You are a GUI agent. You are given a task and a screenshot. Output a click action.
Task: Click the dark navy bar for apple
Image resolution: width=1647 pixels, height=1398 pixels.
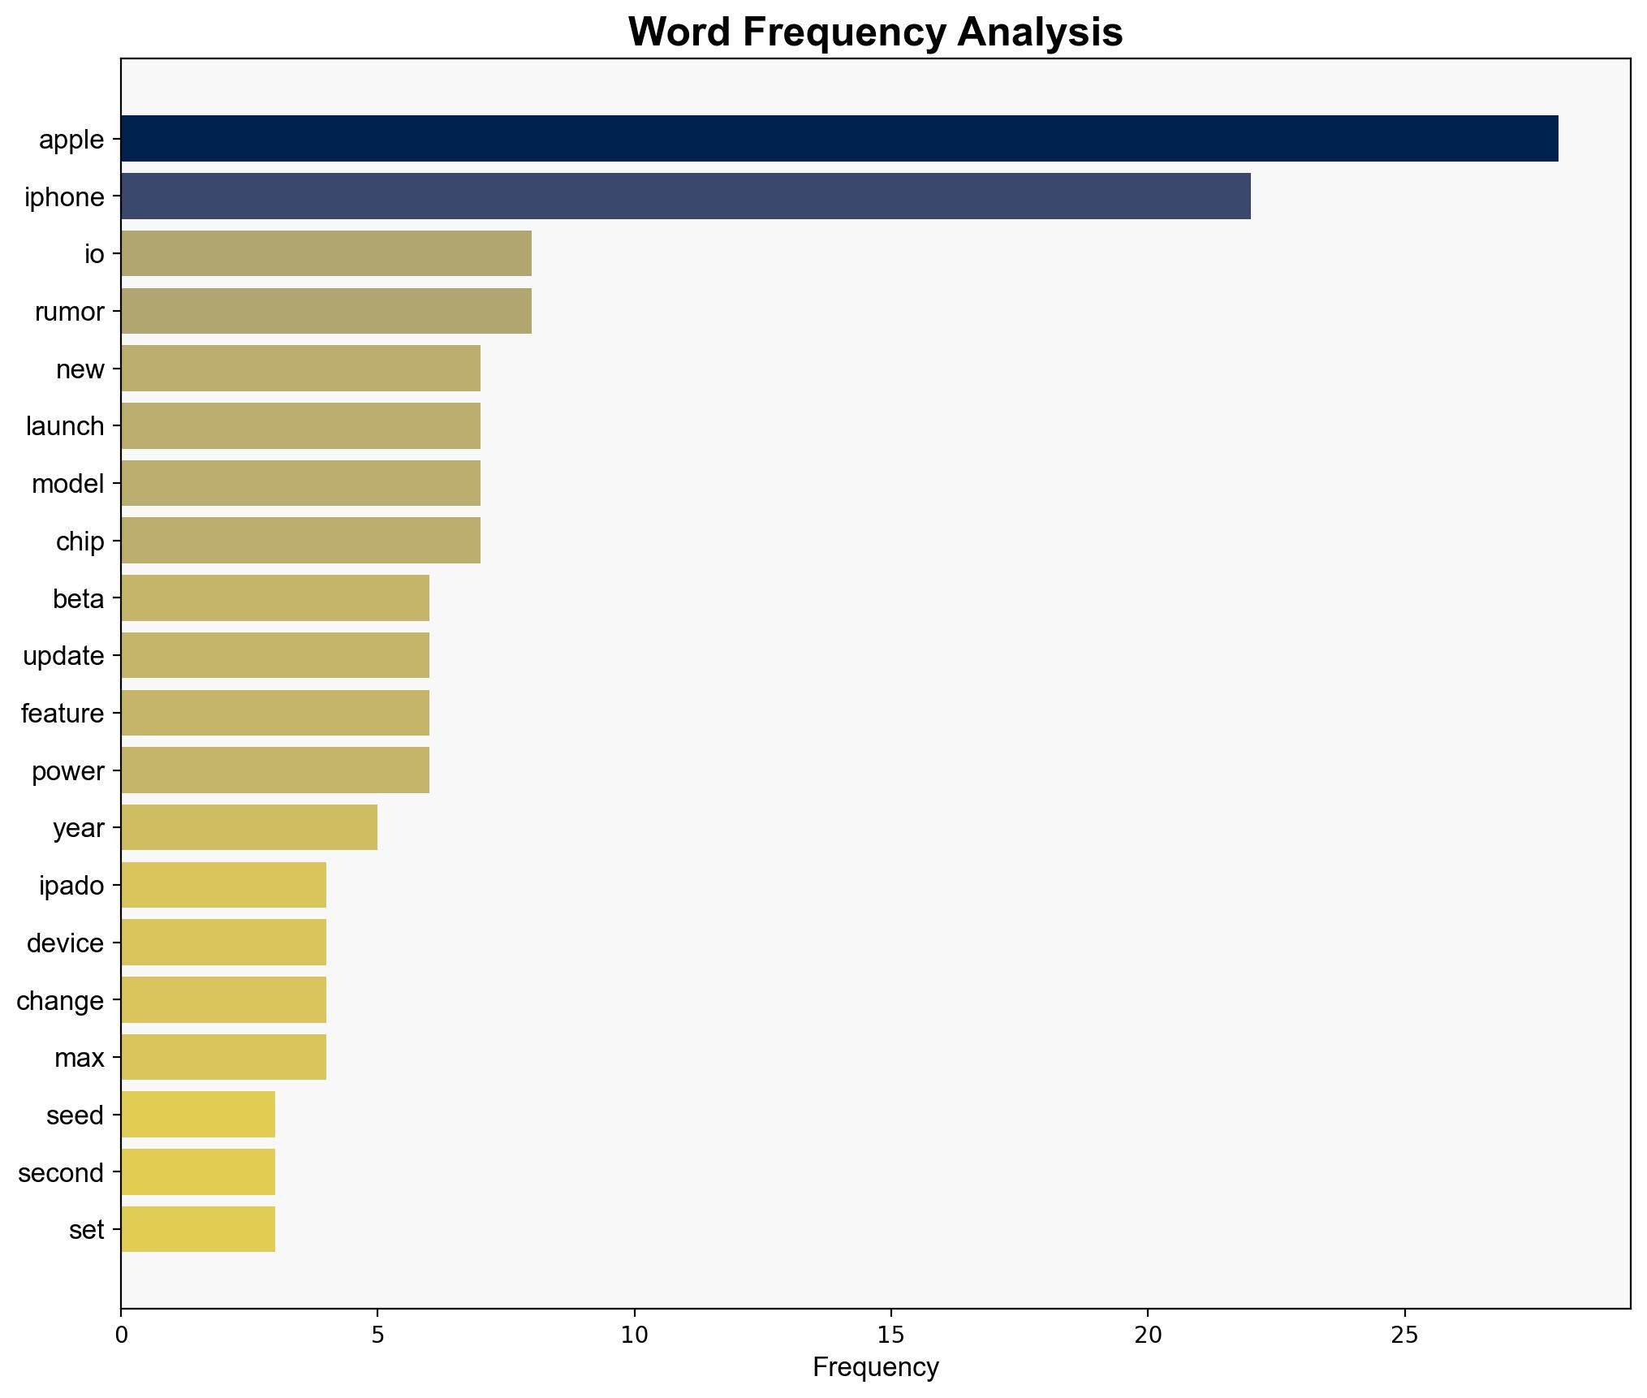839,139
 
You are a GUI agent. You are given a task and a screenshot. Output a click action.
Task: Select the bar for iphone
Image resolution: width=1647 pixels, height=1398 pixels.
685,196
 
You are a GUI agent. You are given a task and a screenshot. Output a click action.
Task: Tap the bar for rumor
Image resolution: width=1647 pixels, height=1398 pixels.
326,311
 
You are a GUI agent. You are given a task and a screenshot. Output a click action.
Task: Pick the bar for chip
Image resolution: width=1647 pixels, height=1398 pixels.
300,541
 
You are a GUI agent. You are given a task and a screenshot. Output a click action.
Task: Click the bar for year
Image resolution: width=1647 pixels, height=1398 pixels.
248,827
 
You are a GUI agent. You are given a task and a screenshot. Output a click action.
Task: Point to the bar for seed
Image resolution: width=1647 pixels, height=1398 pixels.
197,1115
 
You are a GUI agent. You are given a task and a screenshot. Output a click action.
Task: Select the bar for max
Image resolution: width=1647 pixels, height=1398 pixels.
223,1057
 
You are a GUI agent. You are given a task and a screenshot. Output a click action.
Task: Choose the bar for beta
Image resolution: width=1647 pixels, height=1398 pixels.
274,598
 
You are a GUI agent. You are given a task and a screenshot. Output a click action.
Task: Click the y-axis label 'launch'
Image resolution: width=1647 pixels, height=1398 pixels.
65,426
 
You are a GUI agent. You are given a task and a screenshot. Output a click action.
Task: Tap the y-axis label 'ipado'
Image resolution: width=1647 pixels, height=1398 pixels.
71,885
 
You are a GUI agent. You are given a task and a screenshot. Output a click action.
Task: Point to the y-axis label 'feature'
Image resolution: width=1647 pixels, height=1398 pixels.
63,714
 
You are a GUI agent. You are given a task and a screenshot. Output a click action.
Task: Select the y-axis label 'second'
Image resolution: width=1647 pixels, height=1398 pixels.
61,1172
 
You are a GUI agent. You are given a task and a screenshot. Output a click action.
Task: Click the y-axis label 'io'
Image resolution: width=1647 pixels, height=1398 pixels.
94,254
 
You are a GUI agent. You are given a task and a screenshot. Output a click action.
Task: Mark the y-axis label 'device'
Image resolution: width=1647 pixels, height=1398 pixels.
65,943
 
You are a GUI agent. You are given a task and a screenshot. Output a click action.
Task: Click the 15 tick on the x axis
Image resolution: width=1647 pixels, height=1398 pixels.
890,1335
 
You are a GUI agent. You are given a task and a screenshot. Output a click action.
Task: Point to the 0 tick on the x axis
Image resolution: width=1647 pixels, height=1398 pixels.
121,1335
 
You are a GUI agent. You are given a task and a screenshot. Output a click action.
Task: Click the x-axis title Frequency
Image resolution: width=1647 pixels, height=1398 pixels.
875,1368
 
